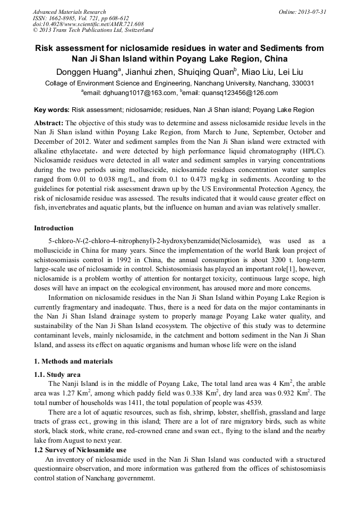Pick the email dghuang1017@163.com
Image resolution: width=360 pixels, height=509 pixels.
tap(138, 93)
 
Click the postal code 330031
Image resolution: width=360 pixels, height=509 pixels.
tap(304, 83)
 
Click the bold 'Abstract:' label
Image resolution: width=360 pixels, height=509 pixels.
tap(49, 123)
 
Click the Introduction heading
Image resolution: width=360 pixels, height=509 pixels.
tap(54, 228)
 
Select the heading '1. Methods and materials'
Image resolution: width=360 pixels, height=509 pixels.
tap(73, 361)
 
